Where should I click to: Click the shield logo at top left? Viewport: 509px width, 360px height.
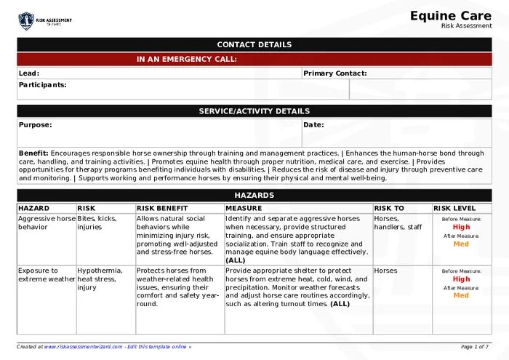tap(26, 20)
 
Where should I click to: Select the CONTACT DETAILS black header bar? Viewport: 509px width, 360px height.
tap(254, 44)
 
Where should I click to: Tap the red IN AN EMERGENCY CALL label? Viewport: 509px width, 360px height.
tap(186, 60)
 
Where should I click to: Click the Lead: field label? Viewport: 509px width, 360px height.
tap(29, 73)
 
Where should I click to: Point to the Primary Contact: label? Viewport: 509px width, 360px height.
tap(334, 73)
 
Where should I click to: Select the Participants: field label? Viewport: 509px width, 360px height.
tap(42, 85)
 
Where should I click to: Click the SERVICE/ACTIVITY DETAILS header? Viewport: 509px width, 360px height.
tap(254, 111)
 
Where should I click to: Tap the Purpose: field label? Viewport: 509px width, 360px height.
tap(35, 125)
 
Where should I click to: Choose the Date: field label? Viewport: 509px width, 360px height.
tap(313, 125)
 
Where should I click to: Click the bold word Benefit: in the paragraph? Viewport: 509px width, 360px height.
tap(33, 153)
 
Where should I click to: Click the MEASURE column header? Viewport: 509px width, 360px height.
tap(244, 208)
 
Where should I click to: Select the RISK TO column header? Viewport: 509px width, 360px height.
tap(389, 208)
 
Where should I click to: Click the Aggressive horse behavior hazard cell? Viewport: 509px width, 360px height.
tap(47, 223)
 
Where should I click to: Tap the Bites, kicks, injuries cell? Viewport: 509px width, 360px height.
tap(97, 223)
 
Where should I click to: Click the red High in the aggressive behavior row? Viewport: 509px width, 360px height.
tap(461, 227)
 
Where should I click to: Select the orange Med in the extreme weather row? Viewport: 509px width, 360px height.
tap(461, 296)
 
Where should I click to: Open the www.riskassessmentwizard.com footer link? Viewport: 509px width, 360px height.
tap(84, 347)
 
